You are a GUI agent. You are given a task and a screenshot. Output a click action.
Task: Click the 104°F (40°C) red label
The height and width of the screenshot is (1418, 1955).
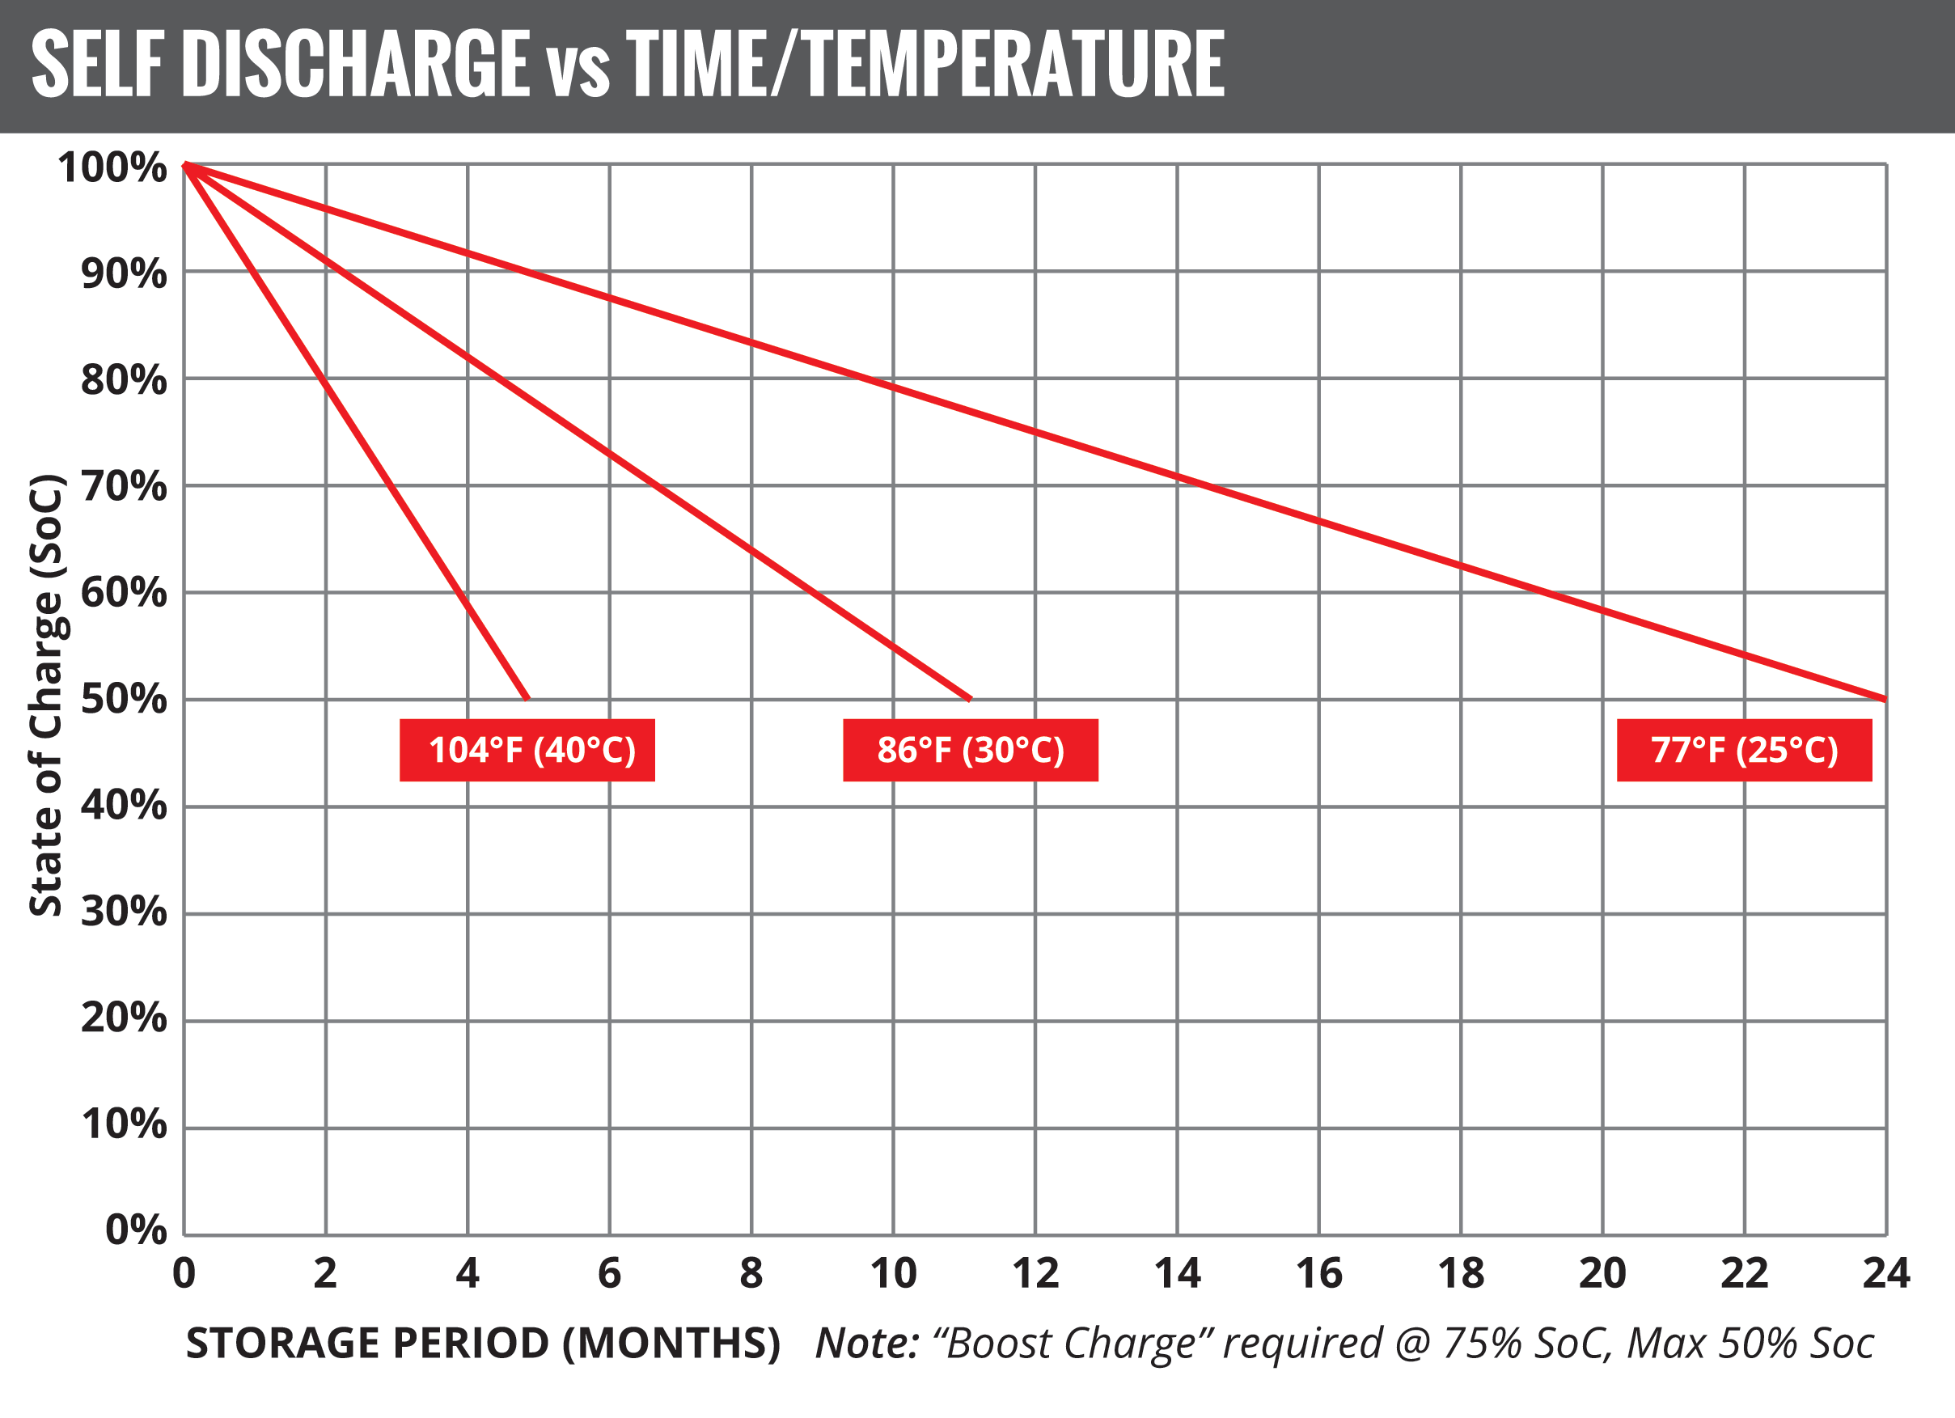click(x=527, y=750)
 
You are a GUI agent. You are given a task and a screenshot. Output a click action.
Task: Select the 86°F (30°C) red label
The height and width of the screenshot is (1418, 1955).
click(x=970, y=750)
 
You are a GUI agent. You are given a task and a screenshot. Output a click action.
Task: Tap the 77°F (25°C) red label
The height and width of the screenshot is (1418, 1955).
click(x=1744, y=750)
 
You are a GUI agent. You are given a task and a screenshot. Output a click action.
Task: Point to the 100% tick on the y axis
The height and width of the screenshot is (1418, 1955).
click(x=112, y=167)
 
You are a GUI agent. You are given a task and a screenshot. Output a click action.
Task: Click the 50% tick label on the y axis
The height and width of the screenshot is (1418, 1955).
click(x=123, y=698)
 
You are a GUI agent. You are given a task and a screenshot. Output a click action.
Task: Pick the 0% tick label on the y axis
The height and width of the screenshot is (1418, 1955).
click(x=135, y=1230)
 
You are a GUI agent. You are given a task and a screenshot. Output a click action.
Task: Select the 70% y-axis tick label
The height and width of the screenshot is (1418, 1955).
click(x=123, y=486)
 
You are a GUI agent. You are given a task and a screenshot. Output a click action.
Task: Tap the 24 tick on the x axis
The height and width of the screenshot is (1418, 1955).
click(x=1886, y=1273)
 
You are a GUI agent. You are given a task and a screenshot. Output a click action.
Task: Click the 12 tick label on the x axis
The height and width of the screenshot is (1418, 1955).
click(x=1035, y=1273)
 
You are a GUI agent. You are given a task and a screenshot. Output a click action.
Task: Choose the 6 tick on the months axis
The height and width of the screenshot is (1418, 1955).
click(x=609, y=1273)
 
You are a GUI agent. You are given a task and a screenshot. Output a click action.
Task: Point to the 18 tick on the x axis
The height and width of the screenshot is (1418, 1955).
click(x=1460, y=1273)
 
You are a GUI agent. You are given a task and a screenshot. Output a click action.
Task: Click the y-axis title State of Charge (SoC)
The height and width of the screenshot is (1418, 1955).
click(x=47, y=695)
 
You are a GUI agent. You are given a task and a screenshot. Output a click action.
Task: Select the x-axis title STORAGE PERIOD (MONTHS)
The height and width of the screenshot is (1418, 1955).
click(x=483, y=1343)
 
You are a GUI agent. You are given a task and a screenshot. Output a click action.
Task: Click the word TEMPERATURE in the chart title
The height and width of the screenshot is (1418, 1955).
click(x=1014, y=64)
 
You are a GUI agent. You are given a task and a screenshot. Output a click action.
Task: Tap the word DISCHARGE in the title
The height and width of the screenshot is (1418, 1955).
click(x=355, y=64)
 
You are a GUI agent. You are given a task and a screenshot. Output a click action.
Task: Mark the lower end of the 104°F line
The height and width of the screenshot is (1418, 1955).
click(x=527, y=698)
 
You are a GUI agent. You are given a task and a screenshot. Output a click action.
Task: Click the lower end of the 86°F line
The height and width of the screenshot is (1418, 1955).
click(x=971, y=699)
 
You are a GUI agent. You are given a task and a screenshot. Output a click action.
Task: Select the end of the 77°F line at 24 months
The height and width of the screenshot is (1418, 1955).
click(x=1885, y=699)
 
